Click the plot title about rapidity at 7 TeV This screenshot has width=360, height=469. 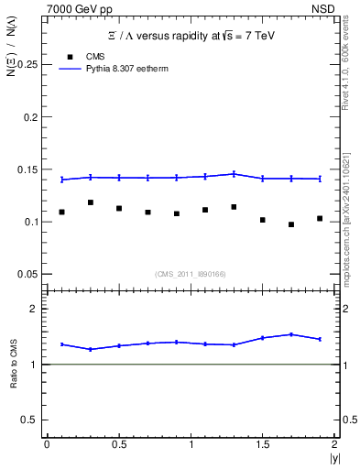[x=190, y=35]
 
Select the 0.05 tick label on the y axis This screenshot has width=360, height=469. [x=27, y=274]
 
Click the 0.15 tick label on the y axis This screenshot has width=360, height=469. [x=27, y=169]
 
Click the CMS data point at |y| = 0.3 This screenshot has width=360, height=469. [x=90, y=202]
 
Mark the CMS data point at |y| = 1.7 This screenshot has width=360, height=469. [x=291, y=224]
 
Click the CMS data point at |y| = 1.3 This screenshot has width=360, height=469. [x=234, y=207]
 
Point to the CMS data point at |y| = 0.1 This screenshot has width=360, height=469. [x=61, y=212]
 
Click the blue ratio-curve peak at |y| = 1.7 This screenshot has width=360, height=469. [x=291, y=334]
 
